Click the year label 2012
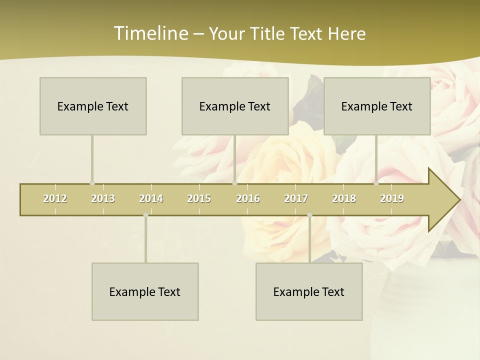55,198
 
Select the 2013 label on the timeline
103,198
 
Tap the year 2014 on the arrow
151,198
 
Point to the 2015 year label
199,198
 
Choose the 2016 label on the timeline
248,198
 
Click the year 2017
296,198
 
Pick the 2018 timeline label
344,198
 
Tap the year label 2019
392,198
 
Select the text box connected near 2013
93,106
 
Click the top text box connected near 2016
235,106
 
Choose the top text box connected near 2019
377,106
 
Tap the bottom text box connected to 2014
145,291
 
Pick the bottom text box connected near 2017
309,291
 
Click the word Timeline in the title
150,33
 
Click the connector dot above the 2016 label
234,183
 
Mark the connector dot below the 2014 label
145,215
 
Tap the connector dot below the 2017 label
309,215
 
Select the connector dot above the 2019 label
376,183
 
